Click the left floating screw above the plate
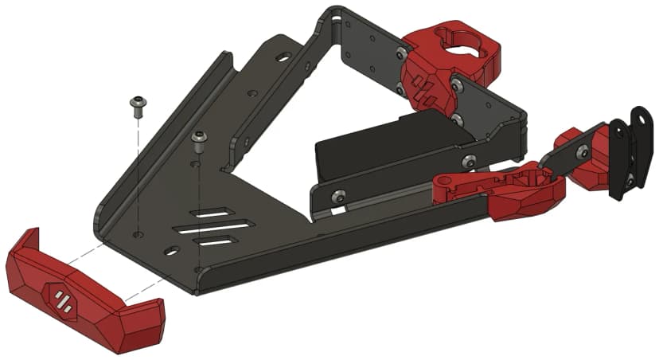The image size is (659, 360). coord(138,105)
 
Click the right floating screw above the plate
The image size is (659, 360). coord(199,142)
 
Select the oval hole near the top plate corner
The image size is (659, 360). coord(283,57)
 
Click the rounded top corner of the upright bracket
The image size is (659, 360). coord(334,14)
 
